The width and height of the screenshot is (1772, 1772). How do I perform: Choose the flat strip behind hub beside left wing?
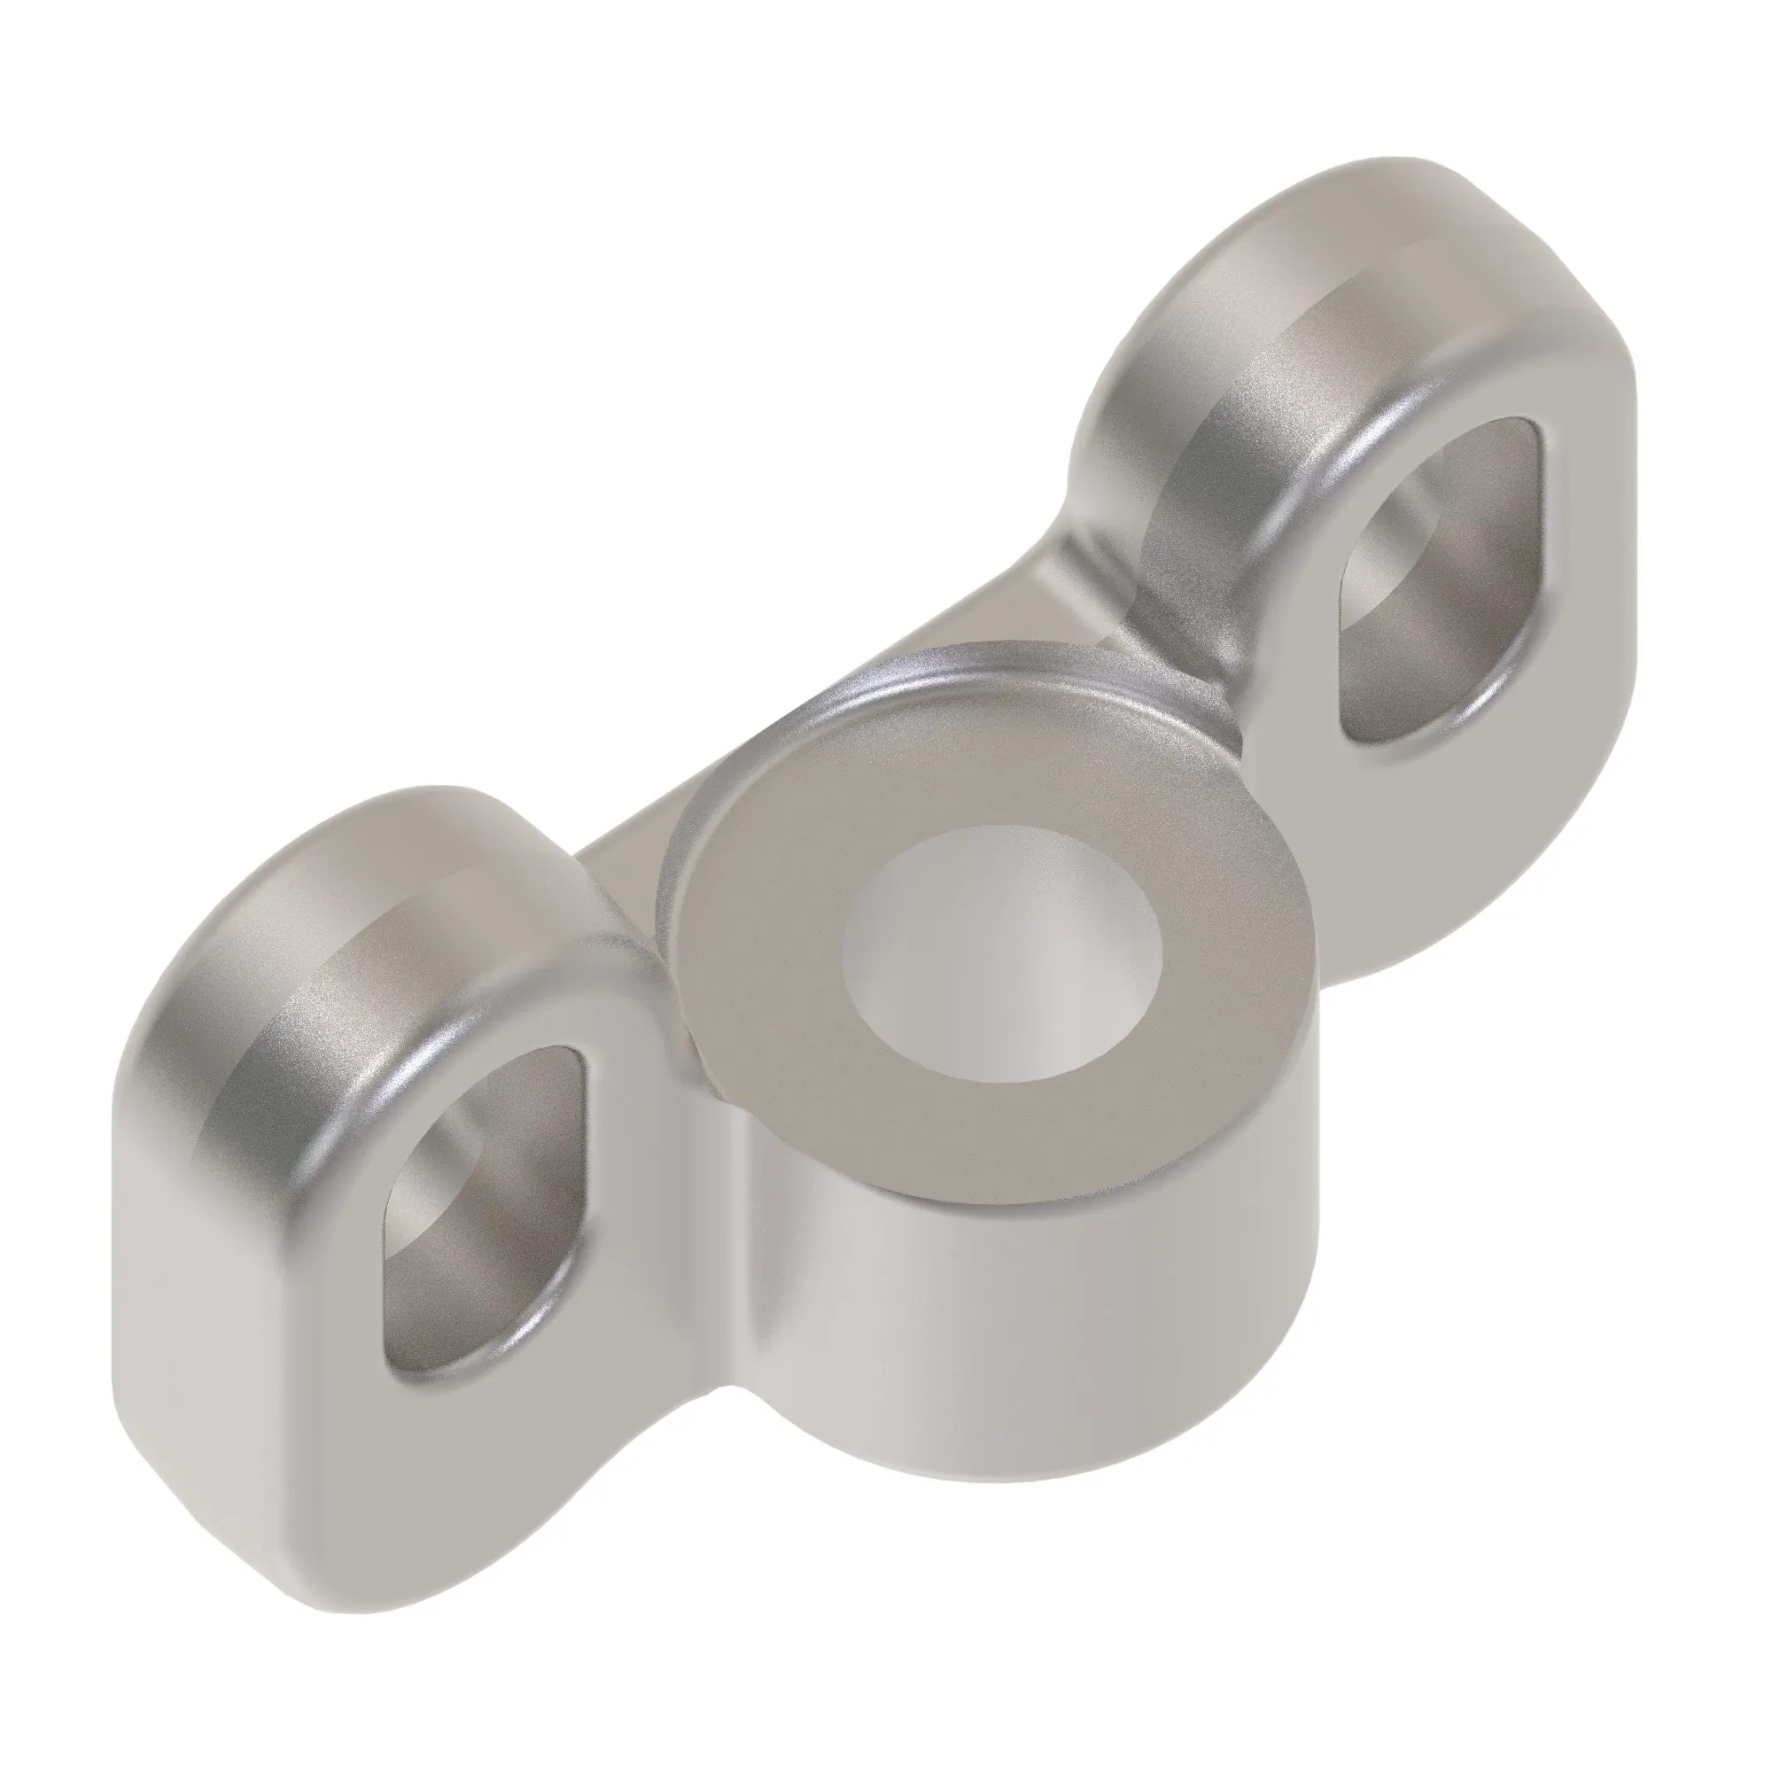pos(633,853)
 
